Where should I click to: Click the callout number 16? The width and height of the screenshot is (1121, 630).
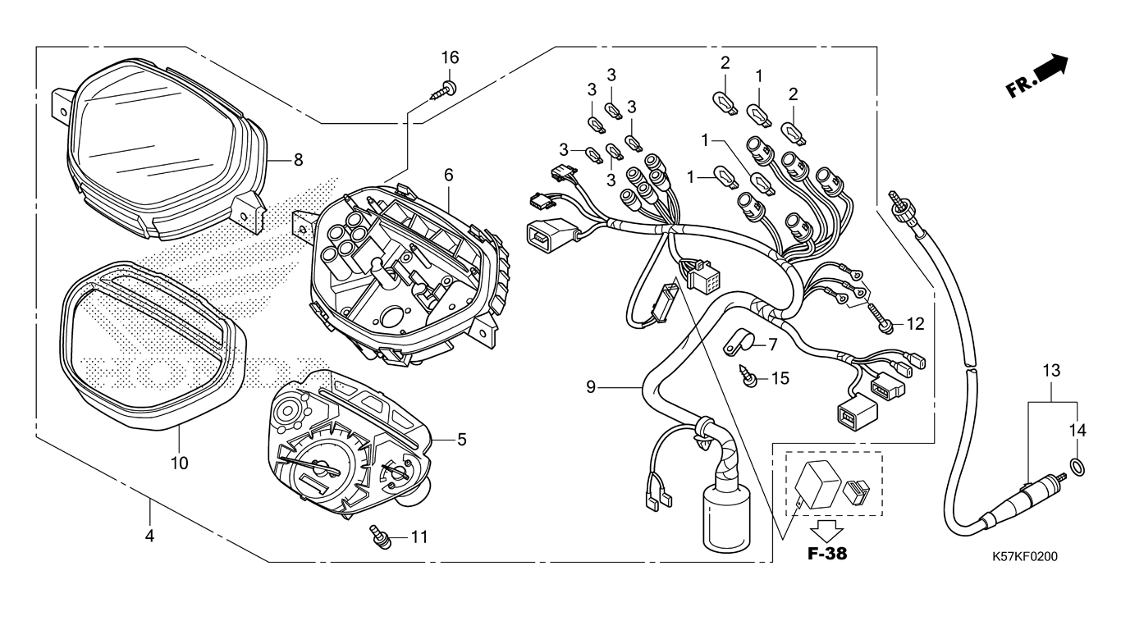pos(450,57)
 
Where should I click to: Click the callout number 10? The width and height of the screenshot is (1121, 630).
pos(179,463)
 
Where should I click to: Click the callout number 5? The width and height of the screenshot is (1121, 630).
pos(461,440)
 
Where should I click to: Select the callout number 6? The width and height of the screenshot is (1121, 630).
pos(449,175)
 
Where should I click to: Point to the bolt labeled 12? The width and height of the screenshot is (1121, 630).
pos(885,323)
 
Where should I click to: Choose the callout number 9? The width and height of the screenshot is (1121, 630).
pos(591,385)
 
